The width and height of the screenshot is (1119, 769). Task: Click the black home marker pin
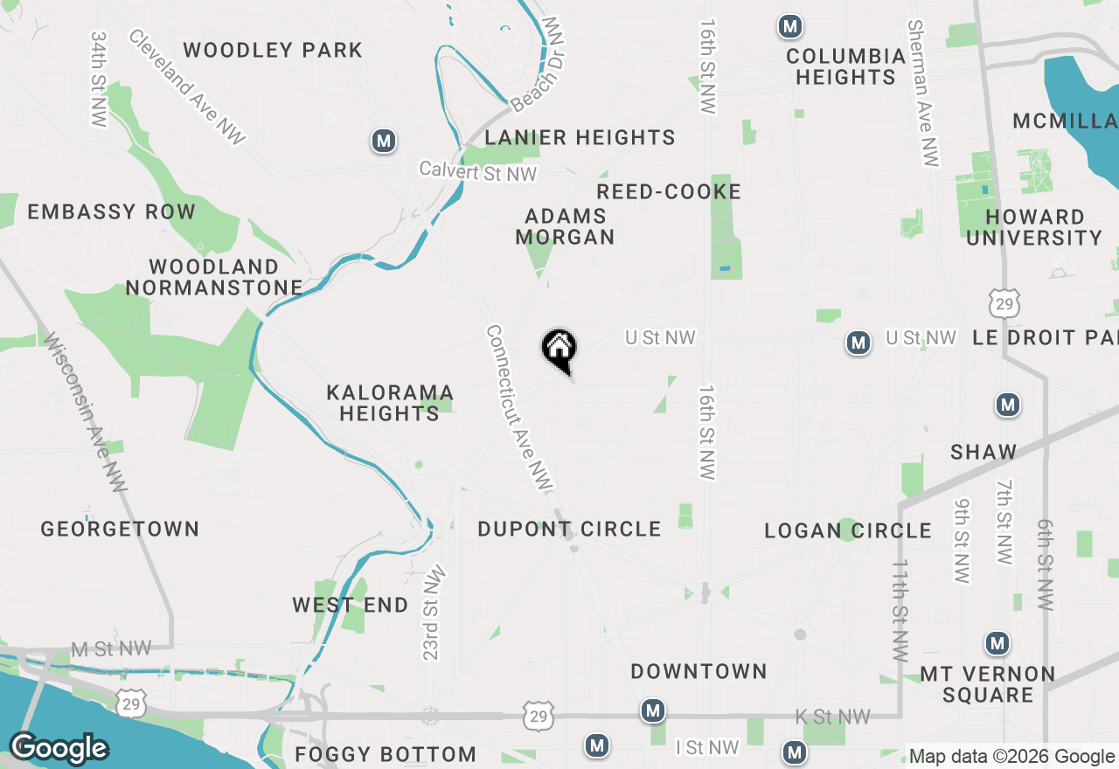coord(559,350)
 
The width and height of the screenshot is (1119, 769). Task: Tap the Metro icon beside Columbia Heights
coord(790,27)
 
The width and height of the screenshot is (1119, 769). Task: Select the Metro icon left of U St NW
coord(858,343)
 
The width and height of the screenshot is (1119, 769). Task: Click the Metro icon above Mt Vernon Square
coord(997,644)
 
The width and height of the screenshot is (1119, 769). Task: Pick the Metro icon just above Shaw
coord(1008,405)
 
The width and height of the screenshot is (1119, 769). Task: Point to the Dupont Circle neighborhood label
coord(569,529)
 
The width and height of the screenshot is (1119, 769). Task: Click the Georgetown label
coord(120,529)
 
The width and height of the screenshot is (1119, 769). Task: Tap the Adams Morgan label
coord(565,226)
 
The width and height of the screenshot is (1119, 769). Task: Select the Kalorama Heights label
coord(390,403)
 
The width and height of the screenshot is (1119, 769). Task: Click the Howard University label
coord(1034,227)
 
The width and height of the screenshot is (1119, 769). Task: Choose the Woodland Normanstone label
coord(214,277)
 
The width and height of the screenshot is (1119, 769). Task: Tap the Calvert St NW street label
coord(477,171)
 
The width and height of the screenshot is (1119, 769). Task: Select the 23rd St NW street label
coord(434,613)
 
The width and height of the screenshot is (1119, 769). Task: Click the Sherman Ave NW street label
coord(923,94)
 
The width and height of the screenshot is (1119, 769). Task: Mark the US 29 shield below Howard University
coord(1002,302)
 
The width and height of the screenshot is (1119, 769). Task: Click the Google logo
coord(59,748)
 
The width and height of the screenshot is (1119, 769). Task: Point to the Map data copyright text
coord(1011,757)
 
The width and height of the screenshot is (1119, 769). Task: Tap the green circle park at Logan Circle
coord(846,530)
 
